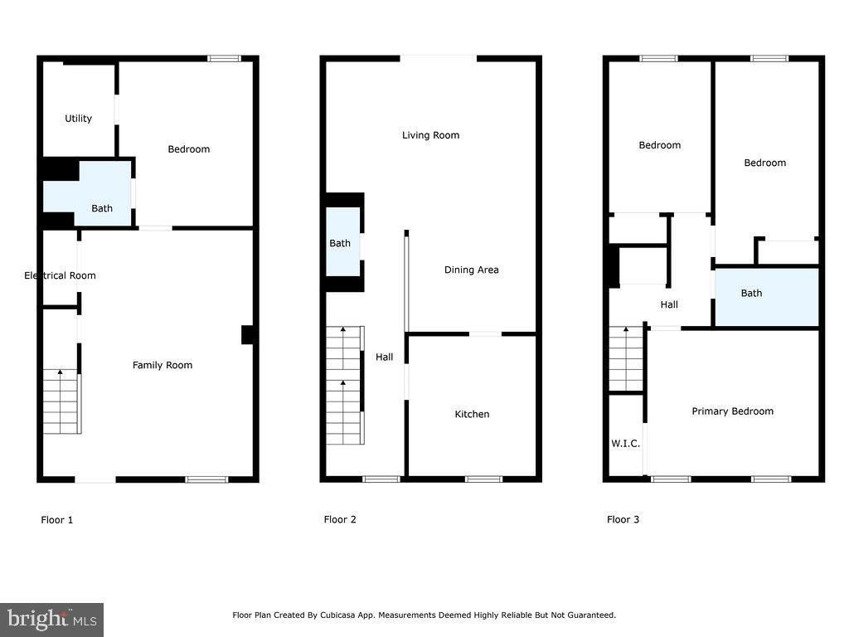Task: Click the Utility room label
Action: [x=79, y=119]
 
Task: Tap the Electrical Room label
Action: [x=60, y=275]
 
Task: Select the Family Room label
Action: [x=163, y=365]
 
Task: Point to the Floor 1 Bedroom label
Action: [x=188, y=149]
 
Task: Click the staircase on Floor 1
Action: [x=62, y=402]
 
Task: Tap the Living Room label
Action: [x=430, y=135]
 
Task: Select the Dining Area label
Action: [x=471, y=270]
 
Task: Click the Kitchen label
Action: [x=472, y=414]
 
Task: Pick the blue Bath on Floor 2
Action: [x=342, y=242]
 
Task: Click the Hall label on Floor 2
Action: [x=385, y=357]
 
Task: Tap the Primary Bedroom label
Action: [x=732, y=411]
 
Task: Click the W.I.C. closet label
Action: [x=625, y=444]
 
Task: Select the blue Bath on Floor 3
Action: [x=766, y=295]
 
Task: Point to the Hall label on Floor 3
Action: [x=669, y=304]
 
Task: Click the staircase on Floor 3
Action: [x=626, y=358]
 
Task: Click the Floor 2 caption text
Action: [x=340, y=520]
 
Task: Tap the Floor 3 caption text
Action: [x=623, y=520]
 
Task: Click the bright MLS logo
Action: [x=51, y=619]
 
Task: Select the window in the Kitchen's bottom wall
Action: [x=483, y=479]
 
